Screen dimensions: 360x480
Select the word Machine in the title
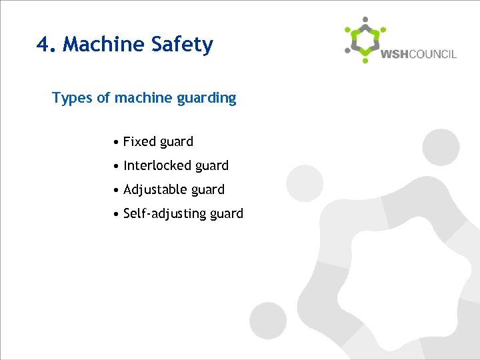pos(103,45)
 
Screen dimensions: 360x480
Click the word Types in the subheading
pos(72,99)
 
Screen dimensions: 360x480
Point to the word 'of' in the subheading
pos(103,99)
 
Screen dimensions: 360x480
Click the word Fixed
pos(139,141)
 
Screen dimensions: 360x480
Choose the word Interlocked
pos(157,165)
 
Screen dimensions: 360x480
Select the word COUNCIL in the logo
pos(433,54)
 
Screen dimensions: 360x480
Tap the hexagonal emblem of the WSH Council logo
pos(365,40)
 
